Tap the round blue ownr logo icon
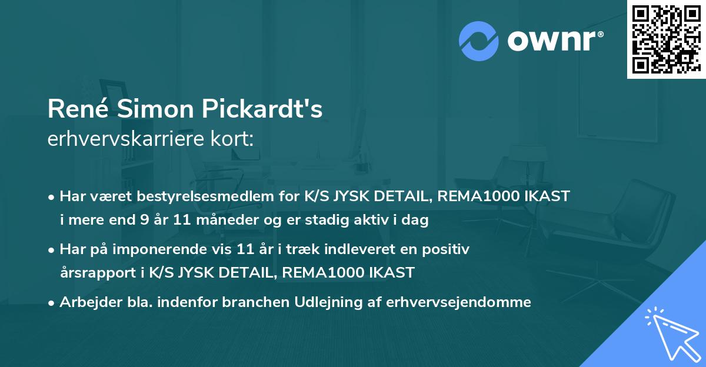(x=478, y=40)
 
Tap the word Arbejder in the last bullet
(x=86, y=302)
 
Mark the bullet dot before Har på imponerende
(x=52, y=249)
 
